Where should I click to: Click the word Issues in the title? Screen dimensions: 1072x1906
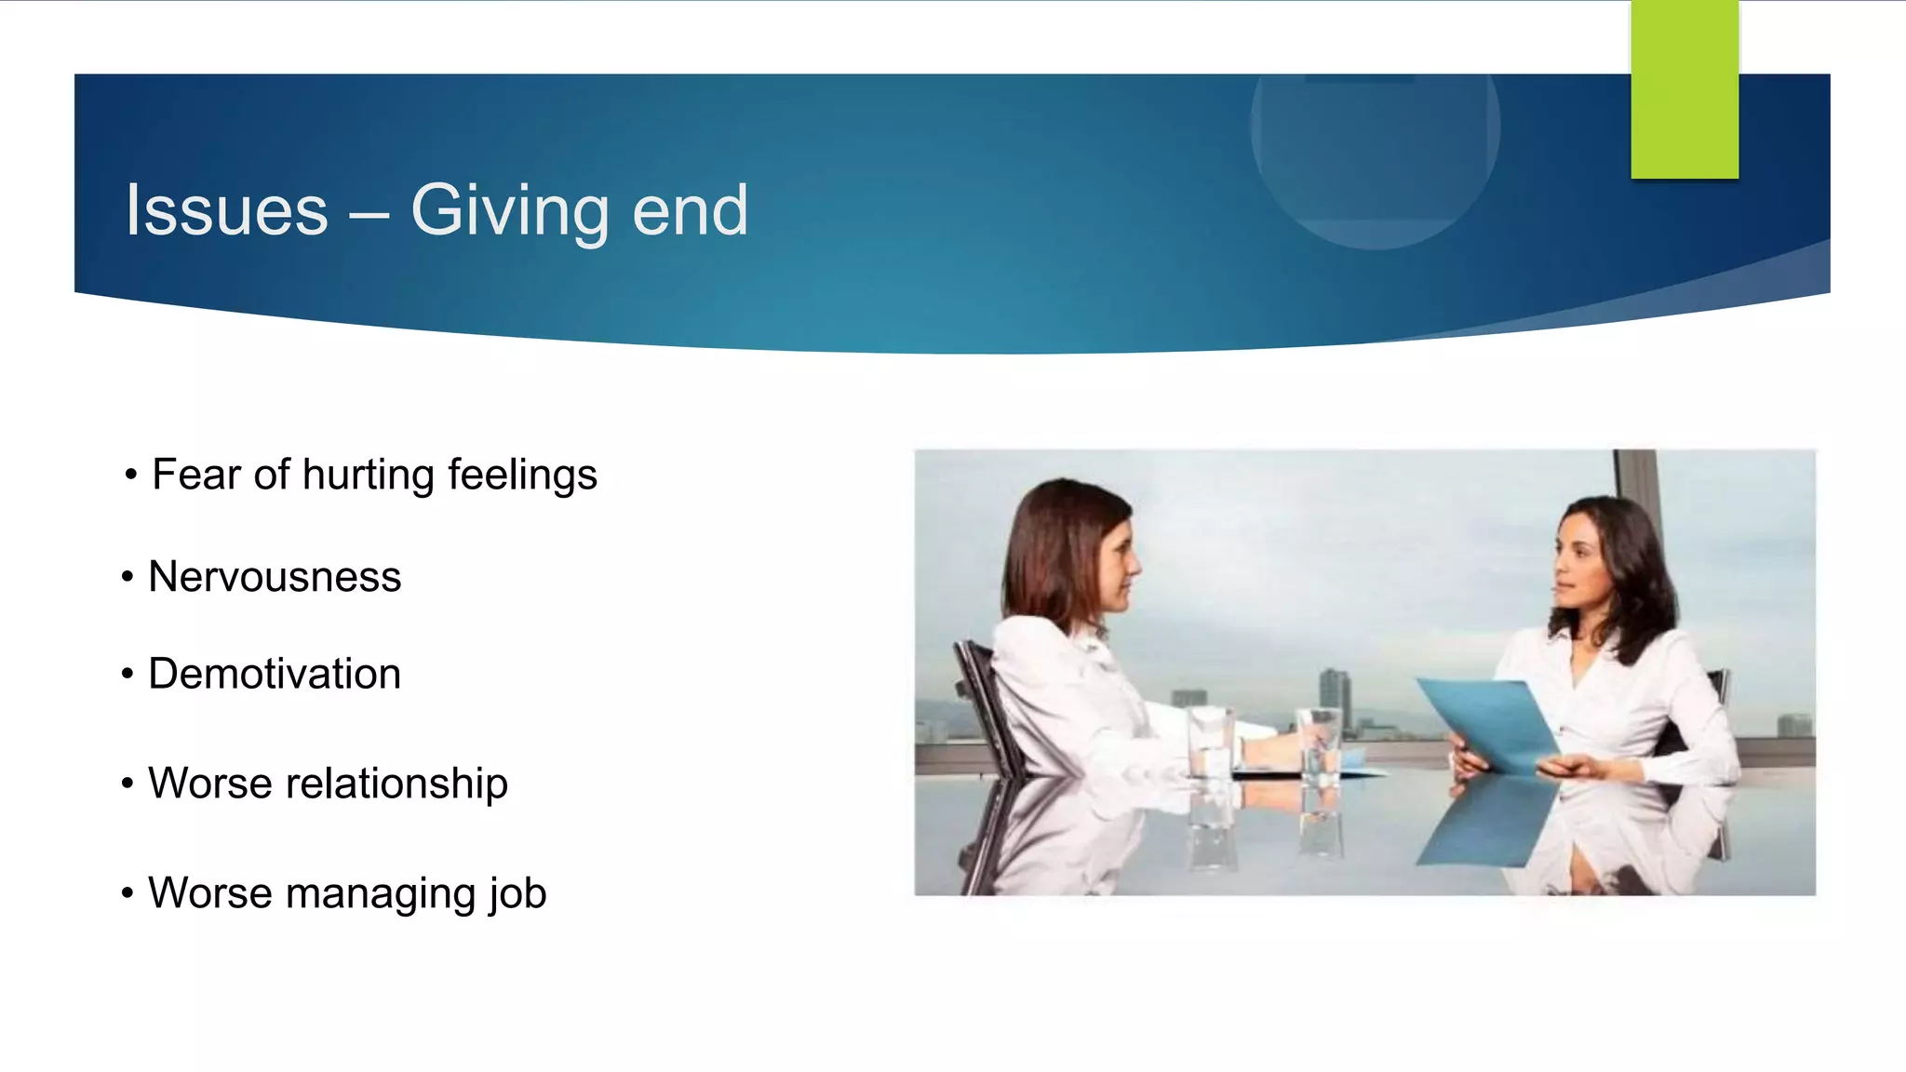(x=227, y=210)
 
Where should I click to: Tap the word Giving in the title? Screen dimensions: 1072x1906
(x=510, y=212)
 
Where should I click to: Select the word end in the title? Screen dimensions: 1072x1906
(x=690, y=210)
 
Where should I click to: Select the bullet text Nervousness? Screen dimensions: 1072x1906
(x=275, y=577)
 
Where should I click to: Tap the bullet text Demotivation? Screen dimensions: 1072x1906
(x=275, y=674)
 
